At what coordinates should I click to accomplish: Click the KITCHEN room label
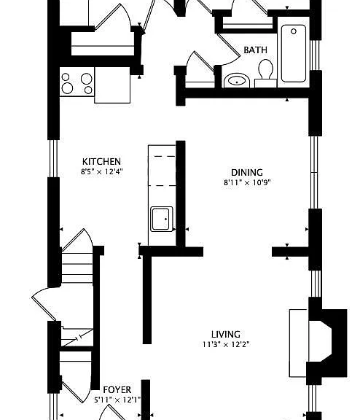(101, 162)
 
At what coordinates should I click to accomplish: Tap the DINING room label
(247, 173)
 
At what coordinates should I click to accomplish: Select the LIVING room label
(226, 334)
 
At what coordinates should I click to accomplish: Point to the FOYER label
(117, 389)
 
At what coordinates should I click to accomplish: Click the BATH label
(255, 50)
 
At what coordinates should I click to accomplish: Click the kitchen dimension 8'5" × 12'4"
(102, 171)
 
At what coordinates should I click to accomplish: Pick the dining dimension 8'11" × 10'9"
(247, 183)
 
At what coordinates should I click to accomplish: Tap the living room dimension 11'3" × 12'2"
(226, 344)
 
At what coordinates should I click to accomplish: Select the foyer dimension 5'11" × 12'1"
(117, 400)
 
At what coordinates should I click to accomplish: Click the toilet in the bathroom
(265, 73)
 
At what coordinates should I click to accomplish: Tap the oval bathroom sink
(237, 80)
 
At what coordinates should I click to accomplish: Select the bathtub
(294, 53)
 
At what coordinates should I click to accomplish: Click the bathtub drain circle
(294, 31)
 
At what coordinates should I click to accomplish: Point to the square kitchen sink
(161, 219)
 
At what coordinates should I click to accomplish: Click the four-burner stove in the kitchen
(77, 82)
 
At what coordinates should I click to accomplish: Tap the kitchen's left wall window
(53, 158)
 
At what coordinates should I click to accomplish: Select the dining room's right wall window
(314, 172)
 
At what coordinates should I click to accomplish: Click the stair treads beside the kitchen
(77, 268)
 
